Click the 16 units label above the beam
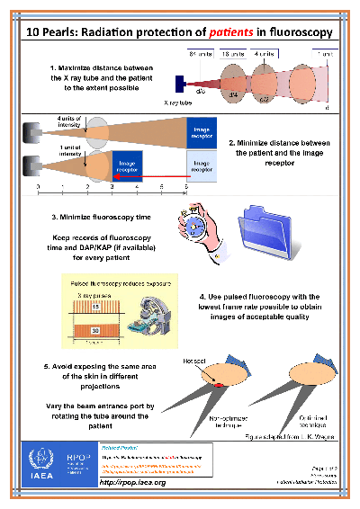(x=231, y=54)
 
